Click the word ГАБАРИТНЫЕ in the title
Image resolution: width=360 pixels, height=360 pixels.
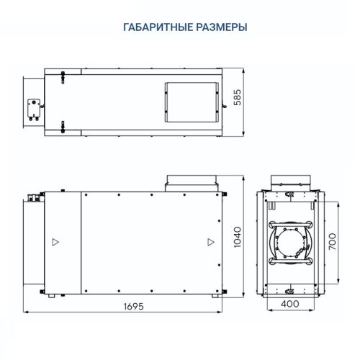pyautogui.click(x=153, y=27)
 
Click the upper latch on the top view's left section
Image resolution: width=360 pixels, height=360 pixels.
pyautogui.click(x=63, y=74)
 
